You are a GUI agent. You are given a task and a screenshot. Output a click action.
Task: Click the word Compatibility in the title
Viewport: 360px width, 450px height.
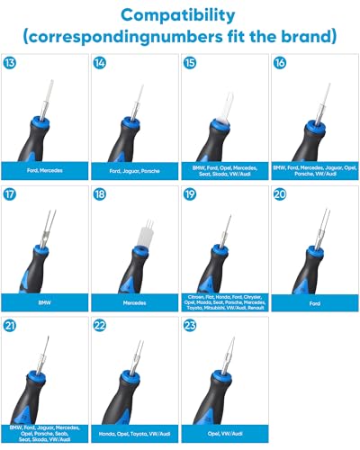pyautogui.click(x=180, y=15)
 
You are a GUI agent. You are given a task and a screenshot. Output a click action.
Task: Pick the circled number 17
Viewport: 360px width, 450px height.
pyautogui.click(x=10, y=193)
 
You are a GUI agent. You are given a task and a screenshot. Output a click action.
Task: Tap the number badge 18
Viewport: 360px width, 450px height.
pyautogui.click(x=100, y=193)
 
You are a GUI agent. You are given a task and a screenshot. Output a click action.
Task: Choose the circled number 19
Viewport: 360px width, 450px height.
pyautogui.click(x=190, y=193)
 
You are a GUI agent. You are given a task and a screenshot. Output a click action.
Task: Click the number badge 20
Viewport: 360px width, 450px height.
pyautogui.click(x=280, y=193)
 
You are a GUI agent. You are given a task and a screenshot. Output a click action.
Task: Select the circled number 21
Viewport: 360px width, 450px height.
pyautogui.click(x=10, y=327)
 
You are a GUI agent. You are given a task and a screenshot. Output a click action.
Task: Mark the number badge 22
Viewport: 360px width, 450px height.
pyautogui.click(x=100, y=327)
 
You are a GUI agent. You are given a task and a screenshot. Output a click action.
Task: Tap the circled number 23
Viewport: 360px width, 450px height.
pyautogui.click(x=190, y=327)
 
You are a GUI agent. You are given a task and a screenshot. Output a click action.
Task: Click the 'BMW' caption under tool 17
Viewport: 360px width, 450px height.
pyautogui.click(x=44, y=304)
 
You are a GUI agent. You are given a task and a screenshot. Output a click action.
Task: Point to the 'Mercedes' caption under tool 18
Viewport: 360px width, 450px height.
pyautogui.click(x=134, y=304)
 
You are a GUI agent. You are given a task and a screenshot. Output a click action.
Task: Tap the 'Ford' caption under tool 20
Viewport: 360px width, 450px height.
pyautogui.click(x=314, y=304)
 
